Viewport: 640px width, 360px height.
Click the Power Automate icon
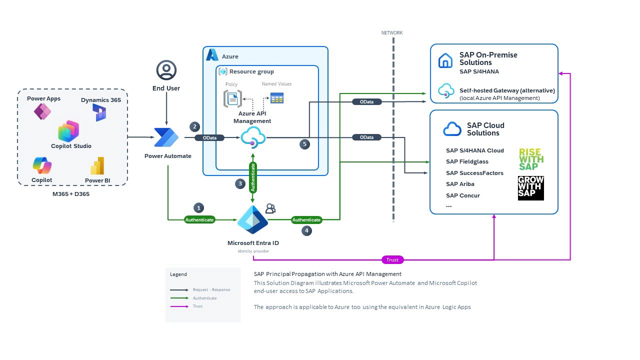tap(166, 137)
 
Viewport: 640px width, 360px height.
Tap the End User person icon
tap(166, 70)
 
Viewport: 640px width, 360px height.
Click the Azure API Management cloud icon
tap(253, 137)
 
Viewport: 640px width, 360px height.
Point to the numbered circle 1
tap(199, 207)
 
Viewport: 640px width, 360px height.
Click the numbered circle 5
tap(305, 144)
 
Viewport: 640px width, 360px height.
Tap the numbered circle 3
tap(240, 183)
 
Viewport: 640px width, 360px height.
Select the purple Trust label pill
tap(392, 259)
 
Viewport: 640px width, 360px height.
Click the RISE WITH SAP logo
tap(531, 159)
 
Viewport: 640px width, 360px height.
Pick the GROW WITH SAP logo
tap(531, 188)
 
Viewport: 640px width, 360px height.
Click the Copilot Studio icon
tap(68, 131)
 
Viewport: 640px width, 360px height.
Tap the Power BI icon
tap(97, 166)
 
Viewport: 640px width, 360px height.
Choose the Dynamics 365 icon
tap(99, 112)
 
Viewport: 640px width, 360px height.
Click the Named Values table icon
tap(277, 98)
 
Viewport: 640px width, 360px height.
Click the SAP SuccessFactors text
tap(474, 173)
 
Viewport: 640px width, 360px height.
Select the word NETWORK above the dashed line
tap(392, 33)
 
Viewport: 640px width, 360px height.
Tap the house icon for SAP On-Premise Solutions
tap(445, 60)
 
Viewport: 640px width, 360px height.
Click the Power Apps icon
tap(42, 111)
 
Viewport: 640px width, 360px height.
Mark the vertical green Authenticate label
tap(253, 177)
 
